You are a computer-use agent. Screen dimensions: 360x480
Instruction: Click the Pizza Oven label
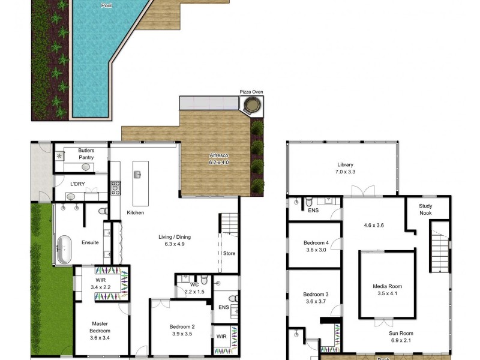tap(251, 92)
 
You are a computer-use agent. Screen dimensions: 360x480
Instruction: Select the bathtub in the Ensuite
tap(62, 250)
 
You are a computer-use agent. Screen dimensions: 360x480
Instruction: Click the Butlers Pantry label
tap(86, 154)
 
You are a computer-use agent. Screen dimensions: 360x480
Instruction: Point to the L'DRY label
tap(77, 184)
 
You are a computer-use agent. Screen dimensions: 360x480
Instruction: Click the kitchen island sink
tap(138, 175)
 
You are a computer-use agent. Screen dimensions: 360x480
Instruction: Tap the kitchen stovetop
tap(115, 188)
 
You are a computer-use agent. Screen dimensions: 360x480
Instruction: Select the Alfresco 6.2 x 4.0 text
tap(219, 159)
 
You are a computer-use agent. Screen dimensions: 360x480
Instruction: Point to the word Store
tap(229, 253)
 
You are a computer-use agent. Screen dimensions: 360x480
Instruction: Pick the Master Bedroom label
tap(100, 330)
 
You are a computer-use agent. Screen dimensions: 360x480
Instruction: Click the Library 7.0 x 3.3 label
tap(345, 168)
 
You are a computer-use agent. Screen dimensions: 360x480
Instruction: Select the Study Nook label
tap(425, 209)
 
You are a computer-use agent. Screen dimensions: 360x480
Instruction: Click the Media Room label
tap(386, 290)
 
